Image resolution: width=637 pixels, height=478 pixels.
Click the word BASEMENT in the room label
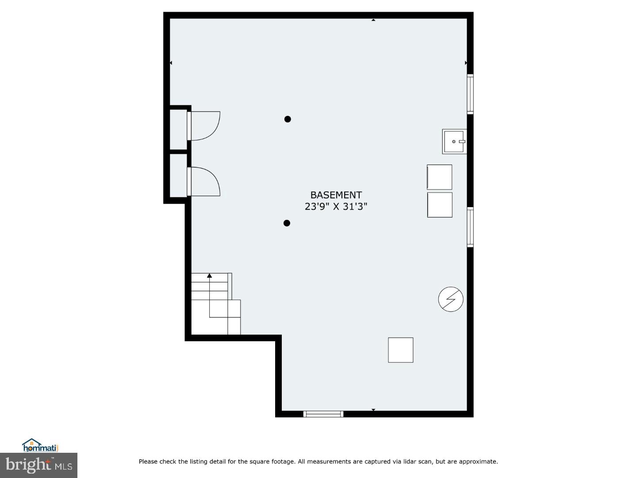[x=336, y=195]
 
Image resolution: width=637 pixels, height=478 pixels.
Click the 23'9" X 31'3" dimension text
[x=336, y=206]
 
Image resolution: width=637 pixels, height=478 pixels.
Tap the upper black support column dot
[x=288, y=119]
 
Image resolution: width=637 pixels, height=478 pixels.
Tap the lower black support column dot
[x=287, y=223]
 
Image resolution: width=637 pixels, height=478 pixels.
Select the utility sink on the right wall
[x=454, y=142]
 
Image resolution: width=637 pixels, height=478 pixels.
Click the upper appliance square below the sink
[x=439, y=177]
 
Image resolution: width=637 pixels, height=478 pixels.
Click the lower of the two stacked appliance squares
[x=440, y=205]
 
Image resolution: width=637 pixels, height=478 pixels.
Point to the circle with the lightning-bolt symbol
[x=451, y=299]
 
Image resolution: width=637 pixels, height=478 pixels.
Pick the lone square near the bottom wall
[x=401, y=350]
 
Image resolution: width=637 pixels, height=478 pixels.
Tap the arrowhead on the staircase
[x=210, y=276]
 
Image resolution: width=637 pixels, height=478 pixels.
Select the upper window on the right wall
[x=470, y=94]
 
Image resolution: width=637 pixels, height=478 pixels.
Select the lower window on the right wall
[x=470, y=227]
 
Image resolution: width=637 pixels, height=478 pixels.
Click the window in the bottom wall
[x=323, y=414]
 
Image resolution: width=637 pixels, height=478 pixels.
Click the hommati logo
[x=40, y=445]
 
